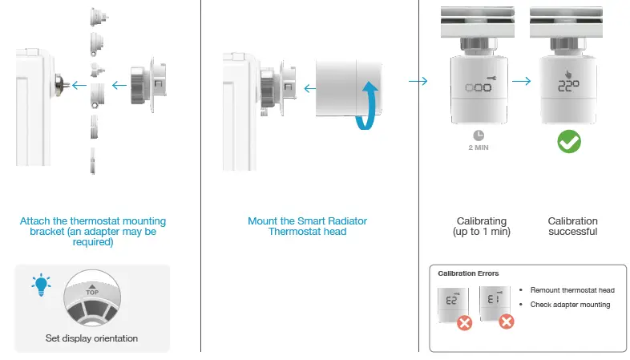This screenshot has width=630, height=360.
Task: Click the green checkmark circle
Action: [568, 142]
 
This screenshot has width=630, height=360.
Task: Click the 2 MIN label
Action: [479, 148]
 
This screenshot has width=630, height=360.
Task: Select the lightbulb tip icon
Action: [41, 283]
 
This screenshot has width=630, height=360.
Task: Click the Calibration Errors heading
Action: [468, 273]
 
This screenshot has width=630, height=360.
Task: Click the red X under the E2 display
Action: [463, 322]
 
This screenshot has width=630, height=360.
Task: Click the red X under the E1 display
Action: [506, 322]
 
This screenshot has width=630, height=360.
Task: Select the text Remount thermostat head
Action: [572, 289]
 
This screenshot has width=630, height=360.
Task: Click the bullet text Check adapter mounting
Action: [570, 304]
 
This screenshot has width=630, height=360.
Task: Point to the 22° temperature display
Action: [569, 86]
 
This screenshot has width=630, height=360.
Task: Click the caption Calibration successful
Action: [572, 226]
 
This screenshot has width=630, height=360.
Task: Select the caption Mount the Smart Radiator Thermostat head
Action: [307, 226]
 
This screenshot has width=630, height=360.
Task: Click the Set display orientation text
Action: [91, 338]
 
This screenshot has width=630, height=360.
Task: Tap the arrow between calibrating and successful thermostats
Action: [522, 81]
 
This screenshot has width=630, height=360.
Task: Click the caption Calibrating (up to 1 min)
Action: [480, 226]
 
